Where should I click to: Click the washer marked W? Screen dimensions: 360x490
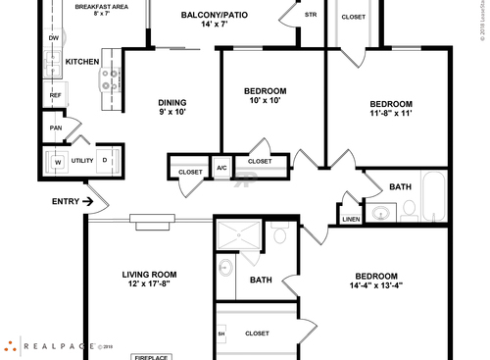pos(57,161)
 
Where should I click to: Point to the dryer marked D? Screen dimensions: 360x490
pos(104,160)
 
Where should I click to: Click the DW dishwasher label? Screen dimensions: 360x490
pos(54,38)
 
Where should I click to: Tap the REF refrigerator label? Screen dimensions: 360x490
pos(56,95)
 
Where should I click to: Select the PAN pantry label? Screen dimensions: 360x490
pos(56,128)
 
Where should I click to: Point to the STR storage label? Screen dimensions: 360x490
pos(311,15)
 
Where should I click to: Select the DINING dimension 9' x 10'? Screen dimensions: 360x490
pos(172,112)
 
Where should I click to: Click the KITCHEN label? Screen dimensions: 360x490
pos(82,62)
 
